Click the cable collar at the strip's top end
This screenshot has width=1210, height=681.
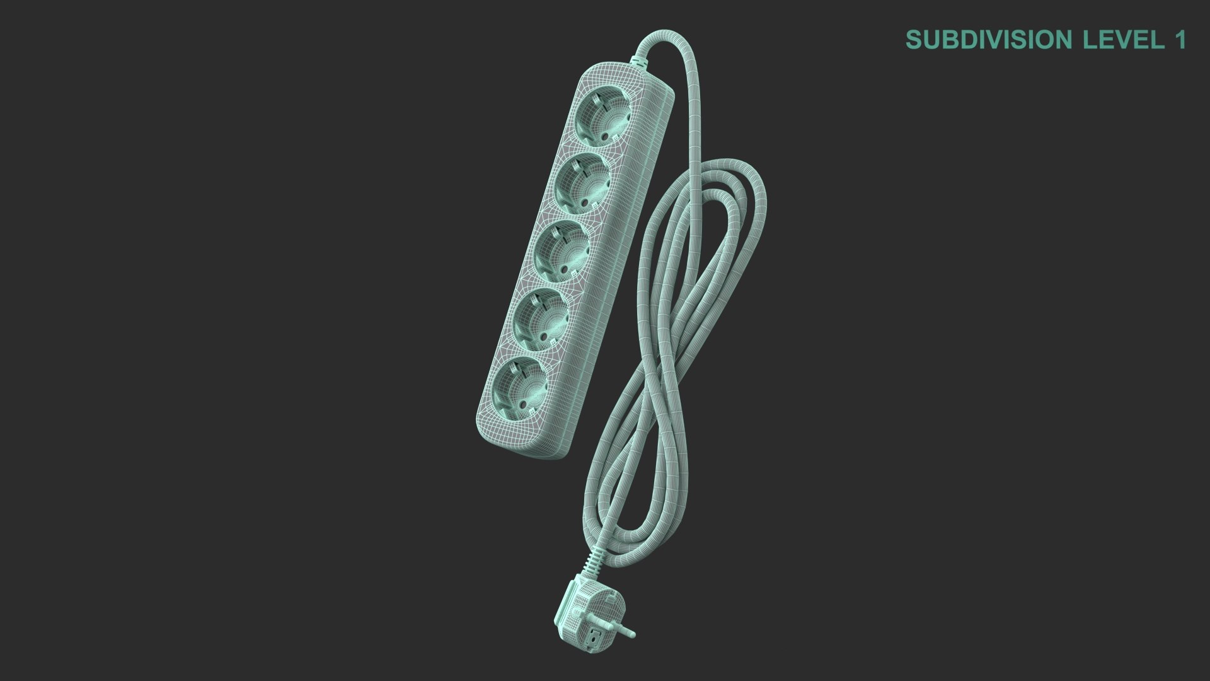638,61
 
